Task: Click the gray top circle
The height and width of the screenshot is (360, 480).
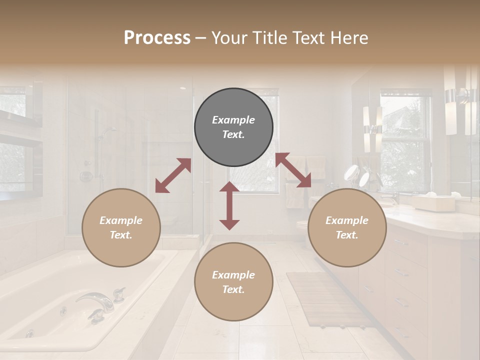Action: click(x=233, y=127)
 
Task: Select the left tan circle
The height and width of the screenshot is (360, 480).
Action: click(x=121, y=228)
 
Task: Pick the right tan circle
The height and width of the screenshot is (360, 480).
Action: click(x=347, y=228)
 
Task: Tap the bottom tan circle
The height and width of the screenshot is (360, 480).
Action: click(x=233, y=282)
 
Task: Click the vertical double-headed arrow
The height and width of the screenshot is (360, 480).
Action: click(x=229, y=205)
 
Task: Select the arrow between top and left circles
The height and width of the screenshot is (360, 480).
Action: click(x=173, y=175)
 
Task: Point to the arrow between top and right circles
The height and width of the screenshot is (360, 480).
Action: click(x=293, y=170)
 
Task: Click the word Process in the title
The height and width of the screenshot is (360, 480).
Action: click(x=157, y=37)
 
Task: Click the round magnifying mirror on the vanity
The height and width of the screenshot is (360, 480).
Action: click(x=352, y=173)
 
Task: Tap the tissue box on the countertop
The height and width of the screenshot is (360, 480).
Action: click(x=432, y=202)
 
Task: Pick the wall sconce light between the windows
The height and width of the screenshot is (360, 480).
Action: click(x=372, y=129)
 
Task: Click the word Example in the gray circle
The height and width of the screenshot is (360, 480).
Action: click(x=233, y=120)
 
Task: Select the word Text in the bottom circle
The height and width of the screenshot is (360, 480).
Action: click(x=232, y=289)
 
